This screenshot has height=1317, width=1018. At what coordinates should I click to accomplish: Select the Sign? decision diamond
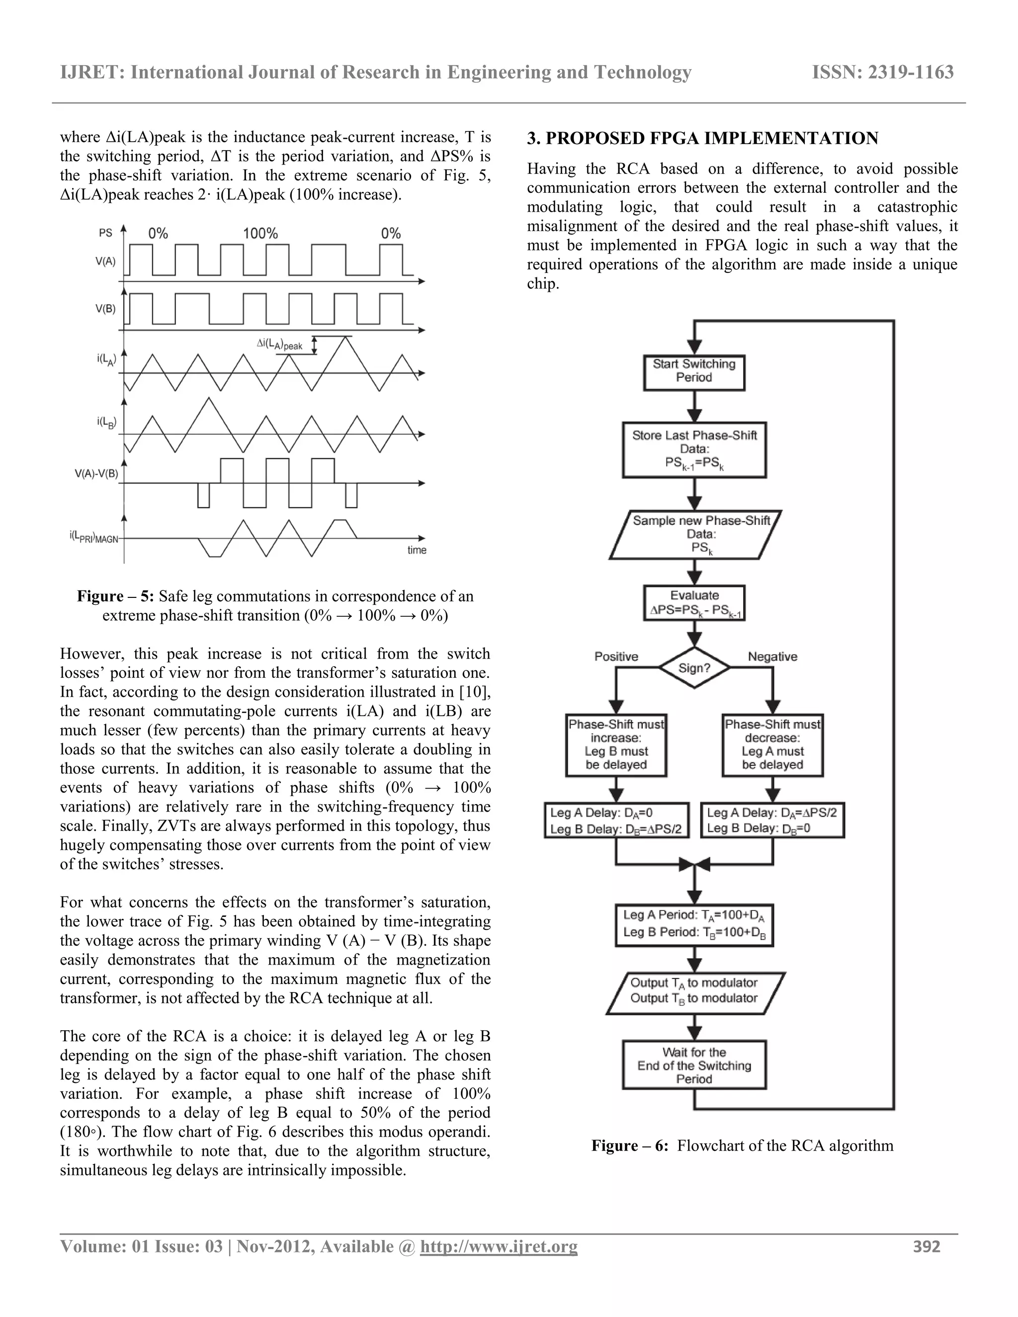(x=694, y=668)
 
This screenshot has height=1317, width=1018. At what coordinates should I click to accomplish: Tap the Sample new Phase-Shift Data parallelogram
(x=695, y=534)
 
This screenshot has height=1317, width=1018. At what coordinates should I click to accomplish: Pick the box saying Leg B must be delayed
(x=616, y=745)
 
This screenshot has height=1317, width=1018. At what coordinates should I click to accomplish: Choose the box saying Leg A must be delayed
(x=772, y=745)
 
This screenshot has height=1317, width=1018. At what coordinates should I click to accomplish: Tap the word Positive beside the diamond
(x=616, y=657)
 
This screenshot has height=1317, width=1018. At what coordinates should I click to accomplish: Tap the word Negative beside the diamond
(x=772, y=657)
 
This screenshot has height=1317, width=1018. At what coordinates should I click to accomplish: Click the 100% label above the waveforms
(x=260, y=234)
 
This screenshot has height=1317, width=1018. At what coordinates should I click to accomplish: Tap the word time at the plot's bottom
(x=417, y=550)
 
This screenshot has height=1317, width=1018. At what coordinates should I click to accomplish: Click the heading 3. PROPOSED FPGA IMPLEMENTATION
(x=702, y=138)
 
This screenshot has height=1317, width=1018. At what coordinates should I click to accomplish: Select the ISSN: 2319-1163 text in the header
(x=883, y=73)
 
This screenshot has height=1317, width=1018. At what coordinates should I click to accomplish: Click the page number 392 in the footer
(x=927, y=1246)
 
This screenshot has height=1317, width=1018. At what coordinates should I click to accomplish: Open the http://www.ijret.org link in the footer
(x=498, y=1246)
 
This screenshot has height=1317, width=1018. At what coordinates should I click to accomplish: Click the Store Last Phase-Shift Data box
(x=694, y=449)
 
